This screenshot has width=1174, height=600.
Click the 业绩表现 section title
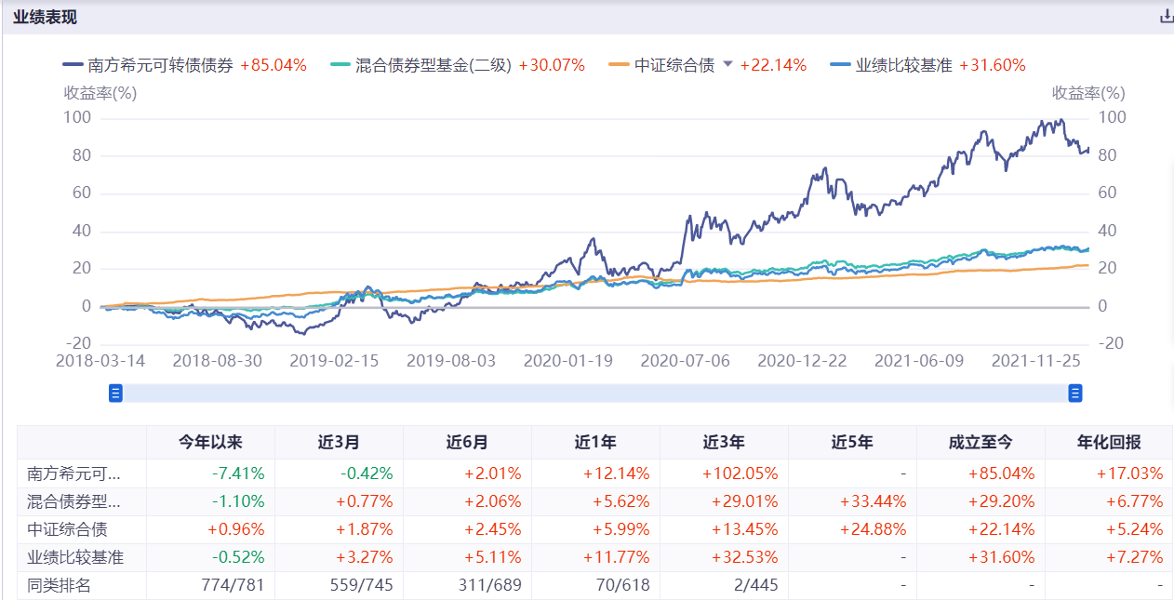point(45,17)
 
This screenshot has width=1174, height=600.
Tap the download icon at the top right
point(1166,17)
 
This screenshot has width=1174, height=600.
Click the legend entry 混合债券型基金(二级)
point(434,65)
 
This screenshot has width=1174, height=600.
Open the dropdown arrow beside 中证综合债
point(727,64)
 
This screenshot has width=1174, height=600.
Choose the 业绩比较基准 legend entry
point(903,65)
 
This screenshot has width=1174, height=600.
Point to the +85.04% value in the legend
point(273,65)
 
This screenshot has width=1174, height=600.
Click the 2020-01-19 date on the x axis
point(567,361)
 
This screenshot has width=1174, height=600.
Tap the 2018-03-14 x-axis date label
point(100,361)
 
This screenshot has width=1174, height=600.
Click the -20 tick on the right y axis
point(1112,343)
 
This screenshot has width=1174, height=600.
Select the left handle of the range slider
point(116,393)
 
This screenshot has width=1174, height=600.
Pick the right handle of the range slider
point(1075,393)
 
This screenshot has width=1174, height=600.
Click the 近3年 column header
point(724,443)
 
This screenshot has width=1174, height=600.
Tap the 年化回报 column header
point(1109,443)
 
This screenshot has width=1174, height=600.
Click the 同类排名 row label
point(60,586)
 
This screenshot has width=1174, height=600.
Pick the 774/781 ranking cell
point(233,586)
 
